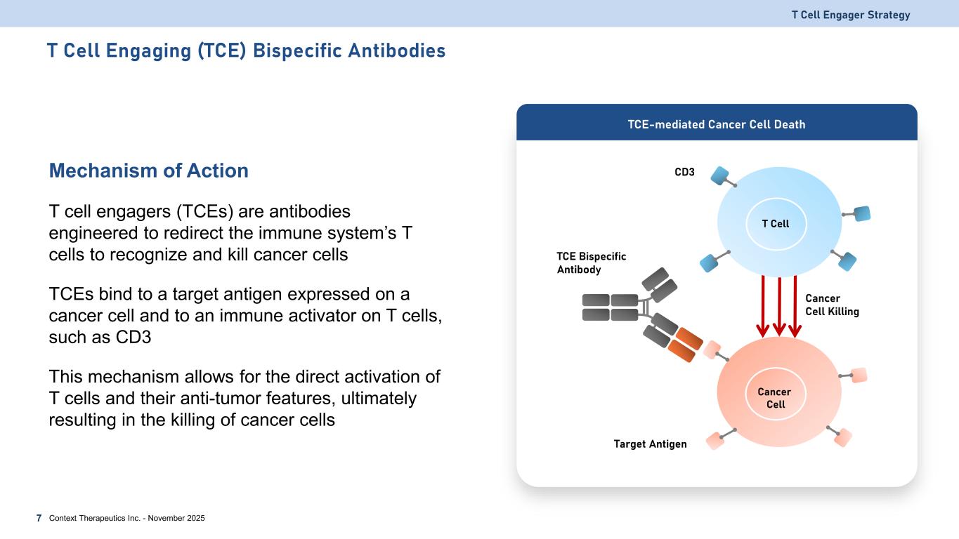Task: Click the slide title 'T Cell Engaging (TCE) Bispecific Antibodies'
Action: click(246, 51)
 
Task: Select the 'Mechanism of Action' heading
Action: click(148, 171)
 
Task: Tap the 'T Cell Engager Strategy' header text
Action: click(850, 15)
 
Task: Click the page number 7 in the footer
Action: click(39, 518)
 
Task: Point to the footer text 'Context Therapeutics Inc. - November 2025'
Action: click(127, 518)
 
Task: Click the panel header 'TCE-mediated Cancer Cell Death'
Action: click(716, 125)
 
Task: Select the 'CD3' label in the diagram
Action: click(684, 171)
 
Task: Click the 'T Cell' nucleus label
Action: click(776, 224)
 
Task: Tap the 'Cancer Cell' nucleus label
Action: click(775, 398)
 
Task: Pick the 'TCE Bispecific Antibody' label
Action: click(591, 263)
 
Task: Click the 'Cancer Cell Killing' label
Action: click(832, 305)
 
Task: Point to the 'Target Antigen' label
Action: click(649, 444)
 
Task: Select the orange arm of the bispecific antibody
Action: click(681, 346)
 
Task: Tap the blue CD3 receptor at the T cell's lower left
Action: click(710, 262)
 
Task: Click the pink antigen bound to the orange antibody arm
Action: click(712, 350)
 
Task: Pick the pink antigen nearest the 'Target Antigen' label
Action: click(715, 441)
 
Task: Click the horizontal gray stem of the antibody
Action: click(610, 307)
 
